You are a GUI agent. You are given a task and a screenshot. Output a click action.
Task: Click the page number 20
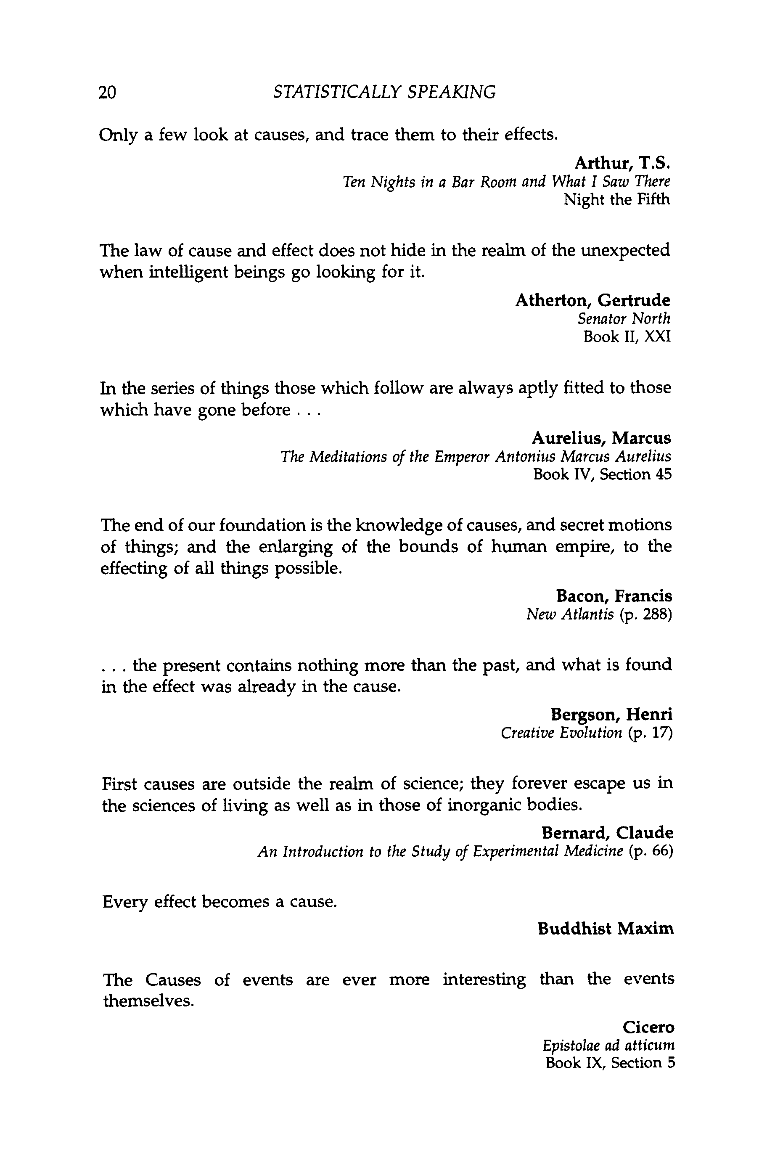(108, 92)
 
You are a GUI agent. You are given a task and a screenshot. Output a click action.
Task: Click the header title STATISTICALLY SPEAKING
(385, 92)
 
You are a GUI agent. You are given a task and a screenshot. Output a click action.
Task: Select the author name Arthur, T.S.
(622, 162)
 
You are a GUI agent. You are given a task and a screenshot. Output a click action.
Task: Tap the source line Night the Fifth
(617, 200)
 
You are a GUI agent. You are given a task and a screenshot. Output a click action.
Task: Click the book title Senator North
(624, 319)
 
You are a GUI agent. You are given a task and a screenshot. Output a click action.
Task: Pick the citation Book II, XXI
(627, 337)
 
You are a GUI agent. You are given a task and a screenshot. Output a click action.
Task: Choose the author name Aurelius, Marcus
(602, 437)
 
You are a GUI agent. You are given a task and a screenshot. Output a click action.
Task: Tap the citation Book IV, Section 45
(603, 474)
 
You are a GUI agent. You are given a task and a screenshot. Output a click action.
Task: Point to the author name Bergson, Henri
(612, 714)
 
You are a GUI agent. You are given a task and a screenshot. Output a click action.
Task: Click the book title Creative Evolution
(561, 733)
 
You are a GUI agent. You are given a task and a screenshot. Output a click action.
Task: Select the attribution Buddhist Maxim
(606, 929)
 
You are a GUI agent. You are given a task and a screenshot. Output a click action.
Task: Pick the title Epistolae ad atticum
(609, 1045)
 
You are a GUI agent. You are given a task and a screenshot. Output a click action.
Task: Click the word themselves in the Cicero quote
(149, 1001)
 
